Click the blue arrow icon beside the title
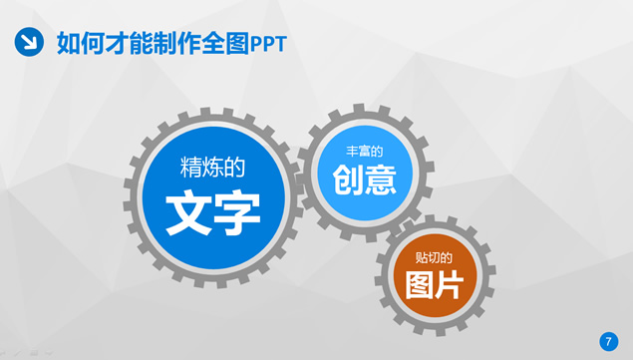(x=28, y=41)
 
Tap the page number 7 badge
(x=609, y=341)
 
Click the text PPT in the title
(x=268, y=42)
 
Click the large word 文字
(x=212, y=210)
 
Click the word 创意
(x=365, y=180)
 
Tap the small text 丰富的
(x=364, y=152)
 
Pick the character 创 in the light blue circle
(x=348, y=180)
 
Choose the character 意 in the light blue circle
(x=382, y=180)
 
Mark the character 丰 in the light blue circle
(x=351, y=152)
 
